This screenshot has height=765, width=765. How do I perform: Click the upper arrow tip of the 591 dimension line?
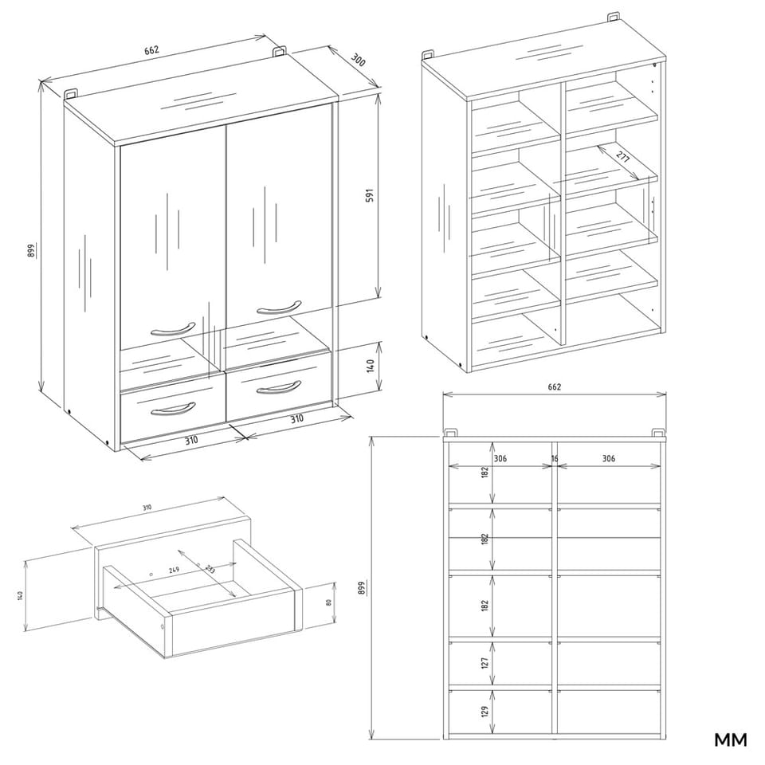point(378,94)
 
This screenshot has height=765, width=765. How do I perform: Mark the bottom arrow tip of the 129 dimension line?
point(492,732)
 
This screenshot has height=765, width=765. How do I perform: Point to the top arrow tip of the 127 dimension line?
point(492,641)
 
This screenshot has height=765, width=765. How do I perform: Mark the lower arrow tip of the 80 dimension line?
point(335,624)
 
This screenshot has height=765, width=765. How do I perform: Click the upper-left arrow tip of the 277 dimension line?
point(598,145)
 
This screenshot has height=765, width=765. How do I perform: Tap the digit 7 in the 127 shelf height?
point(484,658)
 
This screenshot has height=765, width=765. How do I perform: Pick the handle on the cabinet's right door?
point(278,308)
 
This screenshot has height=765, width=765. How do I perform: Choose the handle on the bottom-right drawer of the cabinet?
point(278,387)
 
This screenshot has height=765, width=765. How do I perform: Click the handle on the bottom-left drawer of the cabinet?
point(173,409)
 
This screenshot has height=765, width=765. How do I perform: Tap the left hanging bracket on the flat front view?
point(451,433)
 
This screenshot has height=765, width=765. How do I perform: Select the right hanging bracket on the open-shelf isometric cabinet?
point(614,18)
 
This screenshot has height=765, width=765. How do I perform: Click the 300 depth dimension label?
point(358,61)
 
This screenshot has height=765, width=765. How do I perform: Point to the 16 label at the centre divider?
point(555,459)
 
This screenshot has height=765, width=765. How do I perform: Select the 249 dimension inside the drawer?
point(174,569)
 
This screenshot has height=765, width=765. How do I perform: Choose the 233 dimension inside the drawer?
point(210,569)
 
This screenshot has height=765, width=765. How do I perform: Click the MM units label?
point(731,739)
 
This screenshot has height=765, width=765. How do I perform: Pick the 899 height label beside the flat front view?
point(362,588)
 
